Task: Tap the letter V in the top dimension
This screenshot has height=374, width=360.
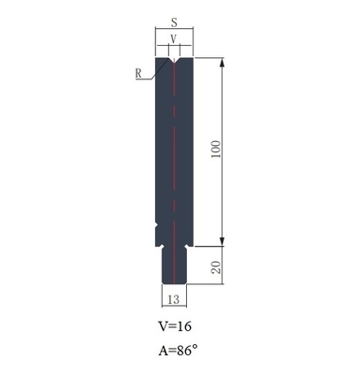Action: click(174, 39)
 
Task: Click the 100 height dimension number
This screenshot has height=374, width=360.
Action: click(217, 151)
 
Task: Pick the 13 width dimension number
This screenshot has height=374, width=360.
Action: click(174, 299)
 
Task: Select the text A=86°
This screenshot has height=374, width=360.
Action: click(178, 352)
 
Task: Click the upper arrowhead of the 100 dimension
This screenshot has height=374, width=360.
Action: click(223, 64)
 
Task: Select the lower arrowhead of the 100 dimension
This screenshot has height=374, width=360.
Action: click(223, 239)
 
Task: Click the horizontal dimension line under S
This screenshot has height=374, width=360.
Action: click(174, 32)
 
